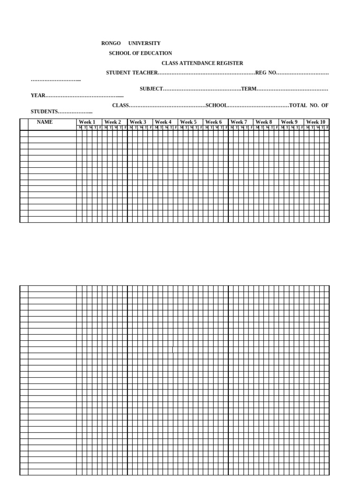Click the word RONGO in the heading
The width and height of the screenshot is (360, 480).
111,43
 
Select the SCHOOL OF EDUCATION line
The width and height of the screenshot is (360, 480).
140,53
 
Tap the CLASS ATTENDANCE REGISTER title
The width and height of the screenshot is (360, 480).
202,63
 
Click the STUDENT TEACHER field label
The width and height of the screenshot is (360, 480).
131,73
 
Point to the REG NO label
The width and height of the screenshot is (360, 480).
266,73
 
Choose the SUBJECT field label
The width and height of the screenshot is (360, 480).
151,89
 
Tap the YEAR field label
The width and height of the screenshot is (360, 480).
38,96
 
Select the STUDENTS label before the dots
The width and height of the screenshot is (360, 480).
44,112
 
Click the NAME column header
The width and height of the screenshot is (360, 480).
45,122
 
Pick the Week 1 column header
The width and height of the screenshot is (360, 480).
87,122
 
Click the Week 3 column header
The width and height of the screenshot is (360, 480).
138,122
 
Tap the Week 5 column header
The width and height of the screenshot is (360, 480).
188,122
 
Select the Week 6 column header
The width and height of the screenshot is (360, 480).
214,122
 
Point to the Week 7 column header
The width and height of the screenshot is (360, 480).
239,122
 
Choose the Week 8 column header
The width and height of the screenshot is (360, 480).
264,122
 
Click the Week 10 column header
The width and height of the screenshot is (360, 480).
315,122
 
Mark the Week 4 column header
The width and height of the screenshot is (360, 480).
163,122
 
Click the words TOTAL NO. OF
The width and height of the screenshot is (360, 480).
309,105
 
